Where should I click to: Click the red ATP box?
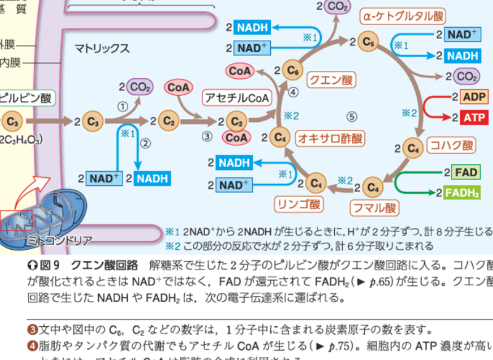474,117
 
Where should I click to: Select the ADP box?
474,97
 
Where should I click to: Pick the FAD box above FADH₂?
465,173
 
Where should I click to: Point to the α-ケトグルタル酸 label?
403,15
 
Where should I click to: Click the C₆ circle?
293,69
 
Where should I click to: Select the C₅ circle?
369,42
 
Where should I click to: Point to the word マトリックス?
102,48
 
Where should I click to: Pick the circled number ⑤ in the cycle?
351,116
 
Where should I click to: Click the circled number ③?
207,136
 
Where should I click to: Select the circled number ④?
293,92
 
